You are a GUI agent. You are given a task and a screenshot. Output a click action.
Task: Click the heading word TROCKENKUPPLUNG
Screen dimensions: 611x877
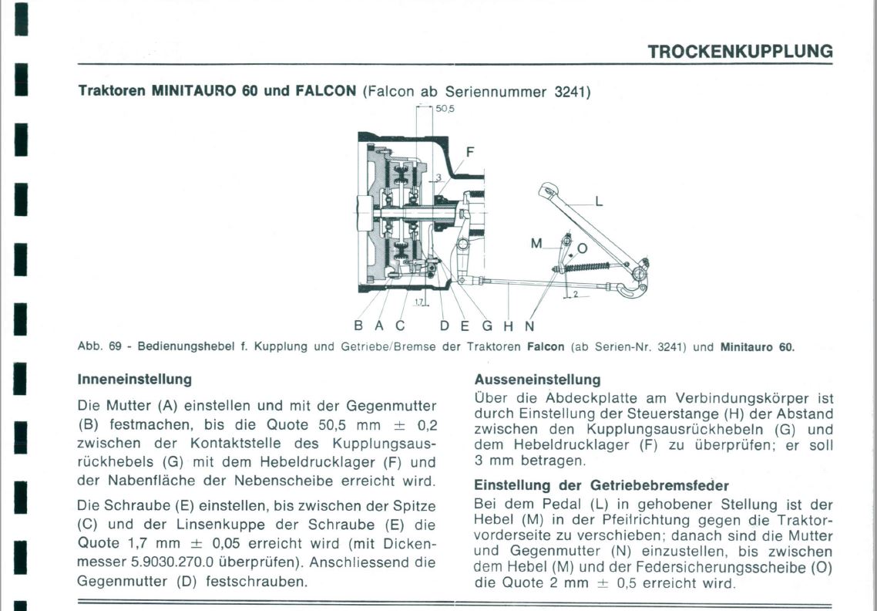pos(740,52)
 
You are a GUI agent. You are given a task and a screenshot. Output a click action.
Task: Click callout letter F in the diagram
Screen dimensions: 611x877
pos(469,152)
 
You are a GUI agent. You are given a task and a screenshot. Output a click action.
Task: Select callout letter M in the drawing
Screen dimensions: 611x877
pos(536,243)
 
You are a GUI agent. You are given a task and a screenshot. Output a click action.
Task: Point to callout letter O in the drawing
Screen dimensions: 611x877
pos(582,248)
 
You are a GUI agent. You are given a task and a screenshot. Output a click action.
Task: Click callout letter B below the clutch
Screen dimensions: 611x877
pos(358,326)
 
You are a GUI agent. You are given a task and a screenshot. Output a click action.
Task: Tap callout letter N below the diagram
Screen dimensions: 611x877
pos(529,326)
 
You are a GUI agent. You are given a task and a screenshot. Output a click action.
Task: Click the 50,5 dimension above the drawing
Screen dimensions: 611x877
pos(445,109)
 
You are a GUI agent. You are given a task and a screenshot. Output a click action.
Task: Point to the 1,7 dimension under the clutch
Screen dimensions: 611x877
pos(419,302)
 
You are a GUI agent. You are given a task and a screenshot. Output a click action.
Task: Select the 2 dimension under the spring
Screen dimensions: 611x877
pos(575,294)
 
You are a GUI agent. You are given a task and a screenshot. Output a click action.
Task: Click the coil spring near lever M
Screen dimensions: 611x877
pos(587,266)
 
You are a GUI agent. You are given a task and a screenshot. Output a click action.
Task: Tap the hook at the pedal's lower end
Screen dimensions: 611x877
pos(633,289)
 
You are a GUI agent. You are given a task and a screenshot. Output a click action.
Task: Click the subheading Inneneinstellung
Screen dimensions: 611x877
pos(134,380)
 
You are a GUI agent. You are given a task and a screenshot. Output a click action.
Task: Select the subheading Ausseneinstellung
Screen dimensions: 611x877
pos(537,380)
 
